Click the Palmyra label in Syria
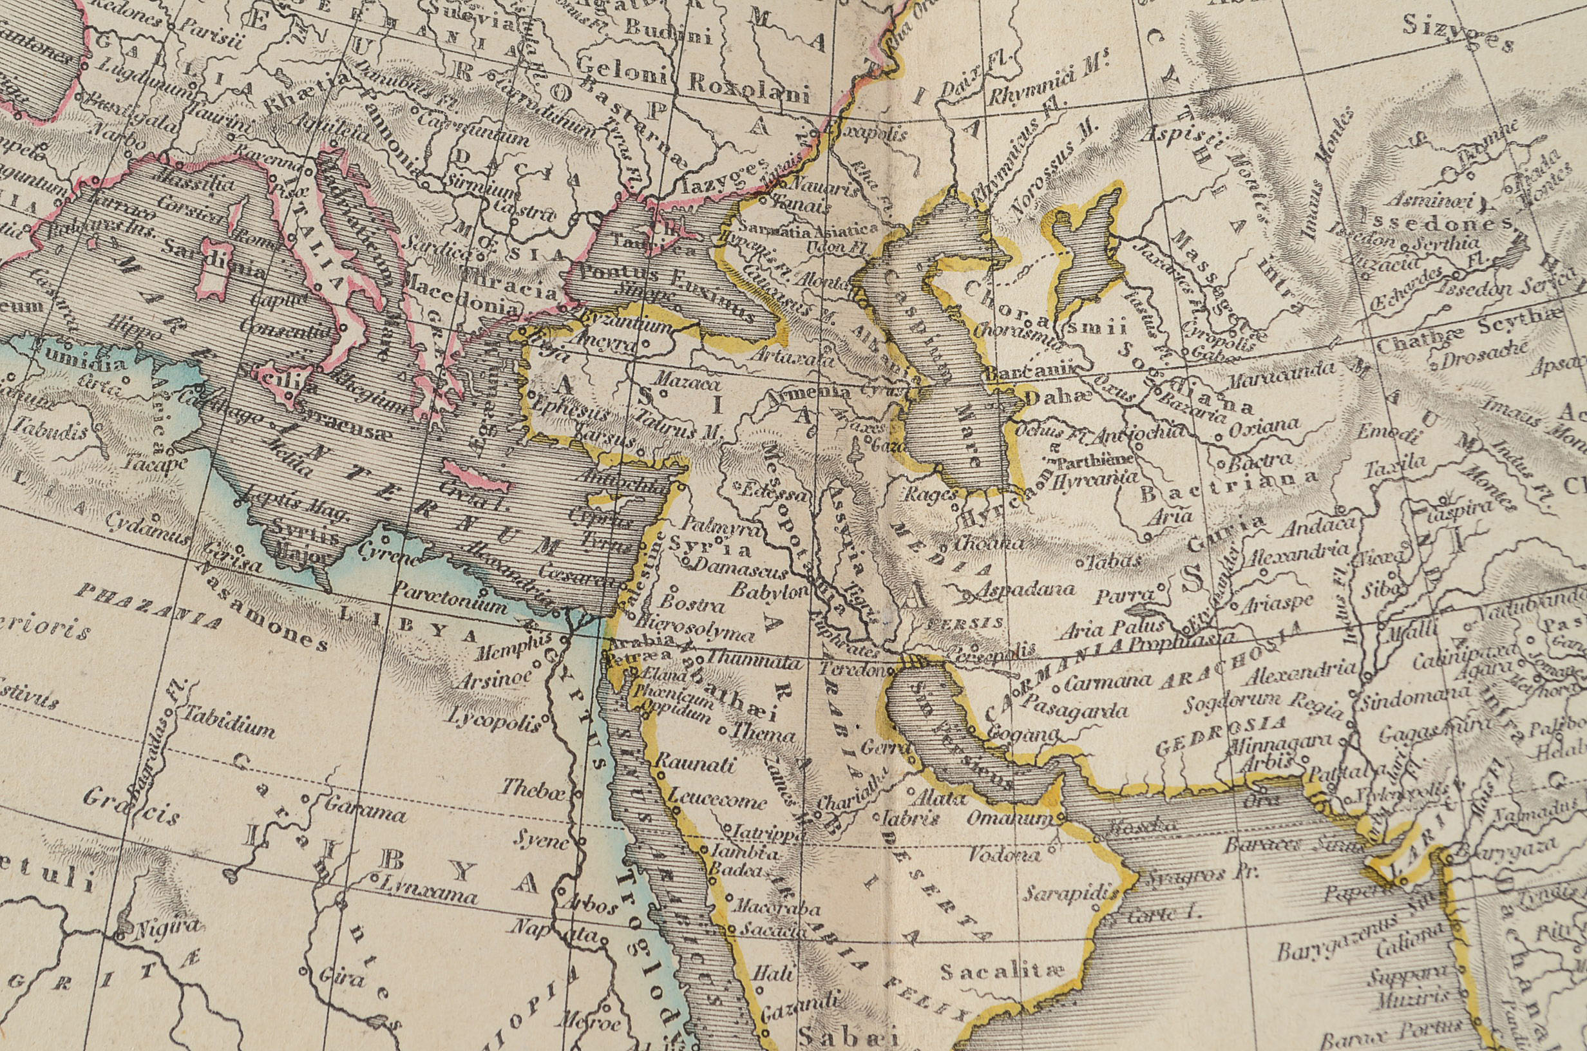[x=723, y=527]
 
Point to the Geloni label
[x=623, y=68]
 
